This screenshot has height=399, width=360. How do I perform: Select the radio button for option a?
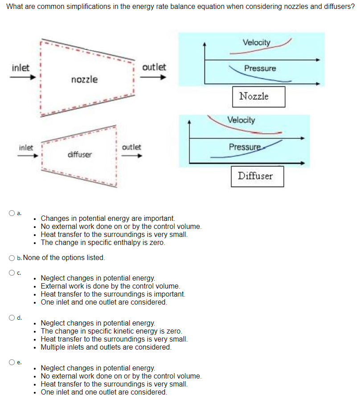(12, 213)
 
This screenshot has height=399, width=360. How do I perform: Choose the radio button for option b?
(12, 257)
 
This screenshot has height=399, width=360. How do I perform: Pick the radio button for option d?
(12, 318)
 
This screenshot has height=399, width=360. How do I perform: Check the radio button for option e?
(12, 362)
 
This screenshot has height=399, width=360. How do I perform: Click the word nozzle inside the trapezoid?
(84, 80)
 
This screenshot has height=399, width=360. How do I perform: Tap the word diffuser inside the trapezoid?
(79, 155)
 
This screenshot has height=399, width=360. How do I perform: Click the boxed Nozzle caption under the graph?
(258, 96)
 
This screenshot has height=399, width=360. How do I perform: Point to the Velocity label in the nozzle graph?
(256, 42)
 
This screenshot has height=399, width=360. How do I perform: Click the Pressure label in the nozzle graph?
(260, 68)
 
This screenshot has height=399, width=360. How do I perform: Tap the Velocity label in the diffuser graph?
(241, 120)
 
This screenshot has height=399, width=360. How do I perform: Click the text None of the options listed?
(64, 257)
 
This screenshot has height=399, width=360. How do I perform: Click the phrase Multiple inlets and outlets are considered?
(106, 347)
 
